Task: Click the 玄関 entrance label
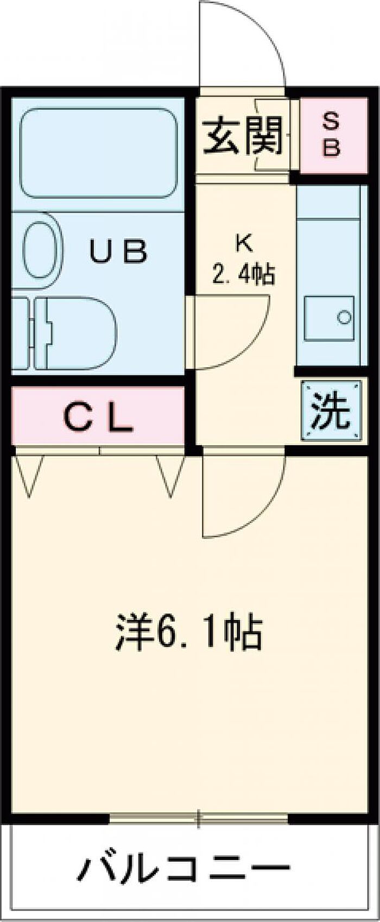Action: (x=243, y=136)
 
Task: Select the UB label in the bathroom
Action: (x=118, y=252)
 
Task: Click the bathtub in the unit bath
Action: (x=99, y=151)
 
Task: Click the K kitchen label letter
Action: (x=243, y=244)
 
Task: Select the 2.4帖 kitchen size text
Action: (x=243, y=274)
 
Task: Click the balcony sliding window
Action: (x=199, y=818)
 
